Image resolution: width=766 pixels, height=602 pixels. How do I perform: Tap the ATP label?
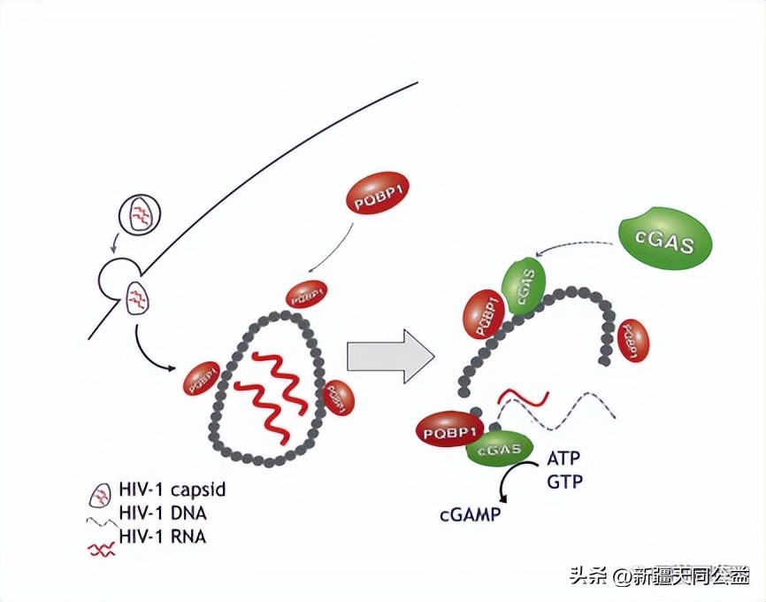tap(565, 459)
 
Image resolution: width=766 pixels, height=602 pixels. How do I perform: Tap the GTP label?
tap(565, 481)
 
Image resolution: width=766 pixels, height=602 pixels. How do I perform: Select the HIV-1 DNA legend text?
tap(159, 513)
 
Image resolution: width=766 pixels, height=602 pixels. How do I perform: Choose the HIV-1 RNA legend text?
tap(159, 536)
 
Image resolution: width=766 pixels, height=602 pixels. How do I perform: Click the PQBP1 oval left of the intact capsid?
tap(201, 378)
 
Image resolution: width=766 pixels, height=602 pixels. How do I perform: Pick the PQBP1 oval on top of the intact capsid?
tap(305, 292)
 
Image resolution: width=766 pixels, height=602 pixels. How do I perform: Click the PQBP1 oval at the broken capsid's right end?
tap(632, 339)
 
